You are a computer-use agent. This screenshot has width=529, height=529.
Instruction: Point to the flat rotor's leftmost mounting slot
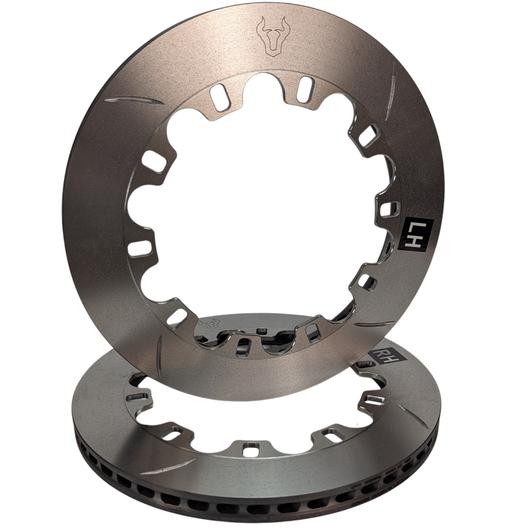tap(136, 396)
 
